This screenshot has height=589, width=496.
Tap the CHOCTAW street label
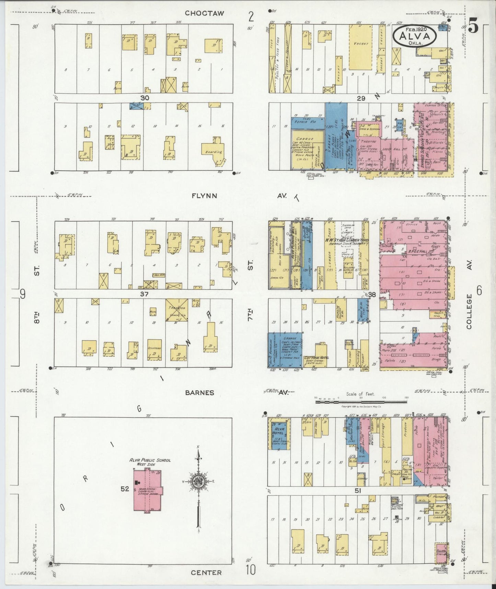click(204, 13)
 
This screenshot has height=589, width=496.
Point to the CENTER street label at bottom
click(206, 573)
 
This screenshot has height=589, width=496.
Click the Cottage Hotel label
click(316, 358)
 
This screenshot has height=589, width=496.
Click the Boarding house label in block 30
click(214, 152)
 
